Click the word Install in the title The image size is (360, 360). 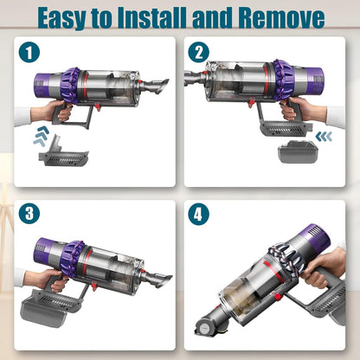pyautogui.click(x=162, y=16)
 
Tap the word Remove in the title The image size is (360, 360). pyautogui.click(x=282, y=16)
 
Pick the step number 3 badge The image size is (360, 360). pyautogui.click(x=30, y=214)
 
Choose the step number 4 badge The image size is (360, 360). pyautogui.click(x=200, y=214)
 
